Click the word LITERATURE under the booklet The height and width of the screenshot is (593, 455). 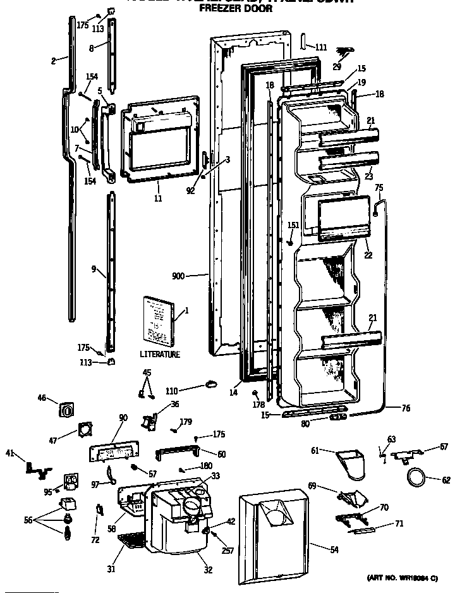tap(160, 355)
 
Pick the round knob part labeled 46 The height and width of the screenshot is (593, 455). tap(66, 410)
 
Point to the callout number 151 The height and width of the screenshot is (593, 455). tap(293, 226)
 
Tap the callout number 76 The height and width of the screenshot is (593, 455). tap(406, 409)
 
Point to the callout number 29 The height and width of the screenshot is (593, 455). tap(336, 67)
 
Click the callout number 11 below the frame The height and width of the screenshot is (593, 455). tap(158, 199)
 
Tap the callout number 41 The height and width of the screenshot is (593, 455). tap(10, 453)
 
